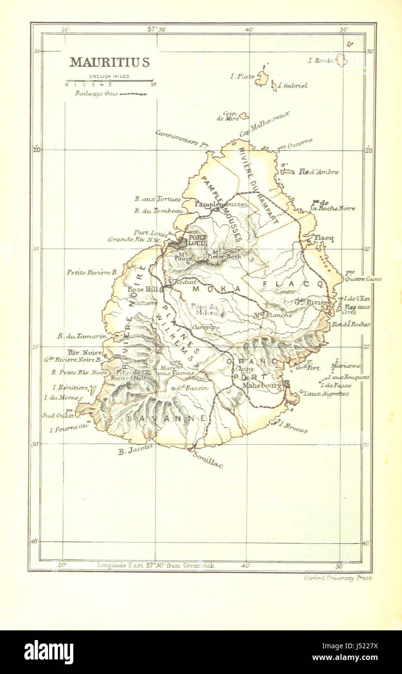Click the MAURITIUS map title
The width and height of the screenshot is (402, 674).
109,63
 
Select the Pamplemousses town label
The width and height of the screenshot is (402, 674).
220,205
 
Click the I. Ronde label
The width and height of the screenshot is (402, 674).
321,61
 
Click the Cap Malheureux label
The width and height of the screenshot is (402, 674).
265,124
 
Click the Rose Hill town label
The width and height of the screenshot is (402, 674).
139,289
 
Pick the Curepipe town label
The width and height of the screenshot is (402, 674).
206,328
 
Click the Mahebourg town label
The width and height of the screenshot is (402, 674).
262,385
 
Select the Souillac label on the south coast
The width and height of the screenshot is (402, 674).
208,459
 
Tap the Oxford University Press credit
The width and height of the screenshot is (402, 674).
337,578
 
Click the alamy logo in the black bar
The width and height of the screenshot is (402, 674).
49,652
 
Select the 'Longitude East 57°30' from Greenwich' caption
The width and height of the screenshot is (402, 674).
155,565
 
